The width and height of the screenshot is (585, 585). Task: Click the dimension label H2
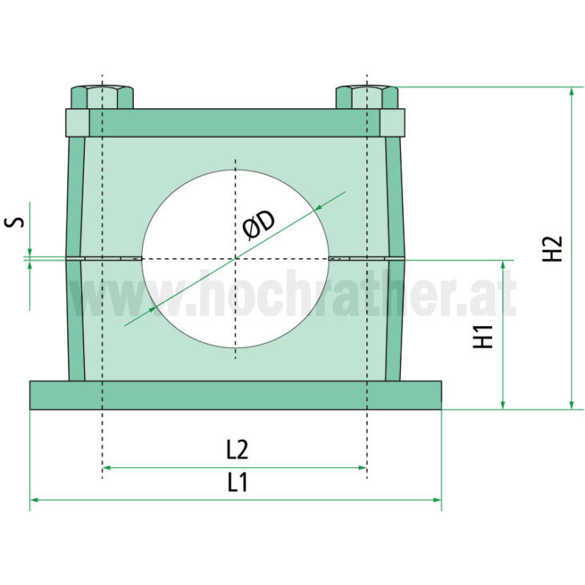(553, 248)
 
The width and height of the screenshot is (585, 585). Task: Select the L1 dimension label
(236, 482)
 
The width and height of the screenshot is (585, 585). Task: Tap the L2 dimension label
(236, 450)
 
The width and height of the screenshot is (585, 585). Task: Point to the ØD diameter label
(258, 224)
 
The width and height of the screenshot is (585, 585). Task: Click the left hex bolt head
(102, 97)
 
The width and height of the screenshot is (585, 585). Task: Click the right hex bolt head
(367, 97)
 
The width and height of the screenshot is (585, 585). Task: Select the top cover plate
(234, 123)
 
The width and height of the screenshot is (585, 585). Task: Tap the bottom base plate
(236, 394)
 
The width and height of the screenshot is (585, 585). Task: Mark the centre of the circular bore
(235, 258)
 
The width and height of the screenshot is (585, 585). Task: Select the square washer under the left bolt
(77, 123)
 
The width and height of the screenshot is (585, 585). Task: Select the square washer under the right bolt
(392, 123)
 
